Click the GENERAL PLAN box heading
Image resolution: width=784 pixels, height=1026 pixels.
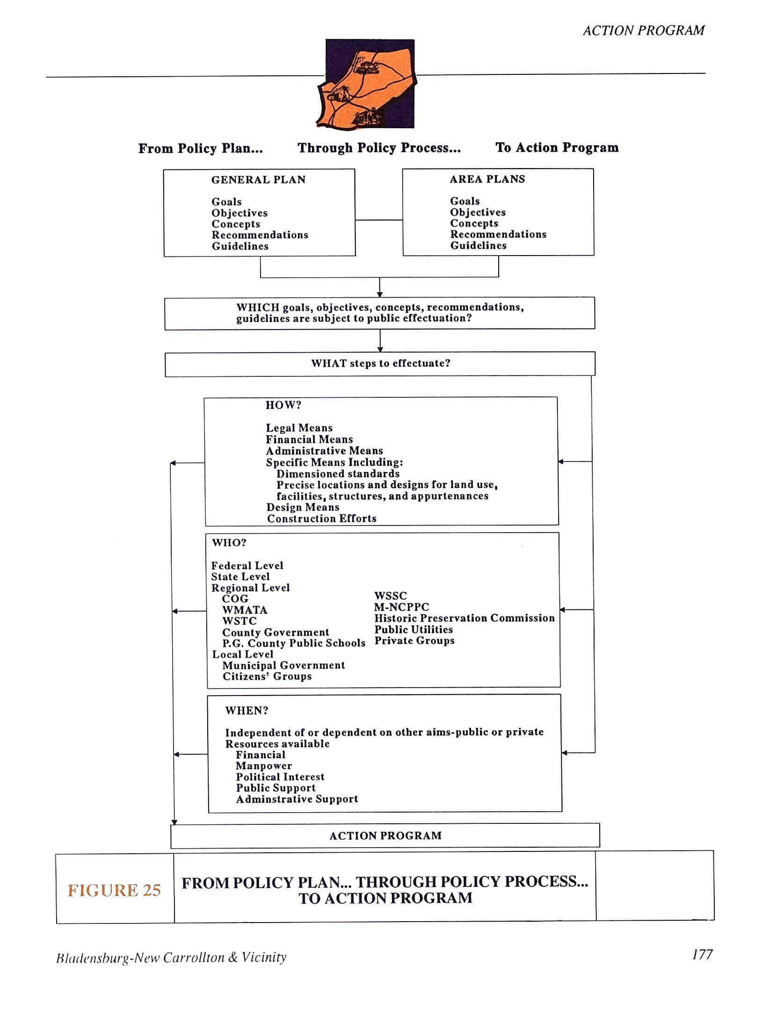(x=258, y=180)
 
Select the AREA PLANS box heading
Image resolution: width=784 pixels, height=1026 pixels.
(x=487, y=179)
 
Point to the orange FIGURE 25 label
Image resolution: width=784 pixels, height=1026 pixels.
(x=115, y=890)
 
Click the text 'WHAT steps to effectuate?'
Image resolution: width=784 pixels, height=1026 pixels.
(x=380, y=363)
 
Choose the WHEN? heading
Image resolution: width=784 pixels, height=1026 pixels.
(x=247, y=711)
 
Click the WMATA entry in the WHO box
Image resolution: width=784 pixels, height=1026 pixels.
(x=245, y=610)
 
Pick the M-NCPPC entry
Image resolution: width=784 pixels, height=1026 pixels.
(x=401, y=607)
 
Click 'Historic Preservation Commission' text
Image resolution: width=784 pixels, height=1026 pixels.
(x=464, y=618)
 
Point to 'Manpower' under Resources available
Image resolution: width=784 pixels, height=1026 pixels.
(x=264, y=766)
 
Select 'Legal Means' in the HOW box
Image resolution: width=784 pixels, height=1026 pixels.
(x=299, y=428)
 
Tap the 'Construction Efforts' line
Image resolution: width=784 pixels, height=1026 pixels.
(x=322, y=518)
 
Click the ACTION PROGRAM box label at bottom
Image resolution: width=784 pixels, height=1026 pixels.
(x=385, y=835)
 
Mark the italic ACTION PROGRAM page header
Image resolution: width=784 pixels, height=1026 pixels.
(x=643, y=30)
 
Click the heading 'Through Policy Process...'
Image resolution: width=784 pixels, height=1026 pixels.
(x=379, y=148)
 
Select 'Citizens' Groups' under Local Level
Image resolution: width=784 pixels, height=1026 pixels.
(x=267, y=676)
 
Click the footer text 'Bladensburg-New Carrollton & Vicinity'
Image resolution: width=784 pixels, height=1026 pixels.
(x=171, y=958)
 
